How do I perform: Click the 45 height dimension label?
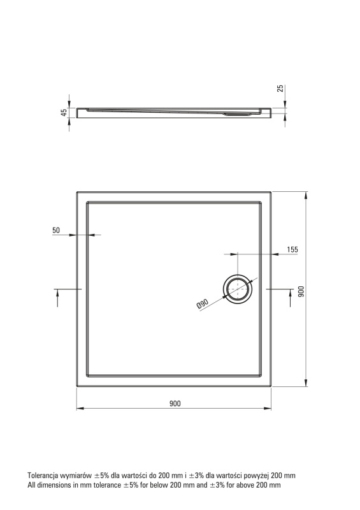(64, 113)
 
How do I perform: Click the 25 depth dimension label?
(280, 88)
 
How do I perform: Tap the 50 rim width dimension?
(56, 230)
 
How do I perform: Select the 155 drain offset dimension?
(292, 249)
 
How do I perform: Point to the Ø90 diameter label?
(202, 304)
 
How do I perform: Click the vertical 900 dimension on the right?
(301, 291)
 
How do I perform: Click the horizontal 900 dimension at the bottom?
(175, 404)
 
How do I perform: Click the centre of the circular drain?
(238, 289)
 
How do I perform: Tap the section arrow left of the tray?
(57, 298)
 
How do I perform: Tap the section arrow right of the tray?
(291, 298)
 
